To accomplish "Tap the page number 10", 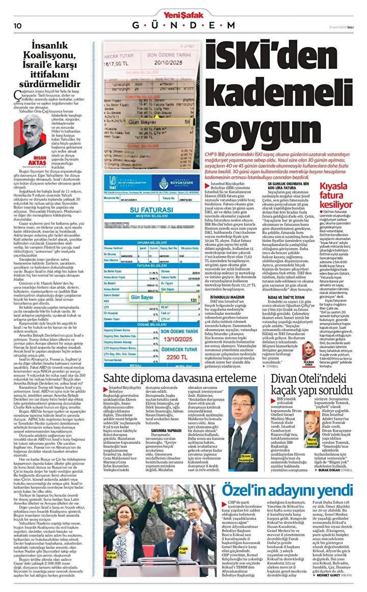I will click(16, 25).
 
